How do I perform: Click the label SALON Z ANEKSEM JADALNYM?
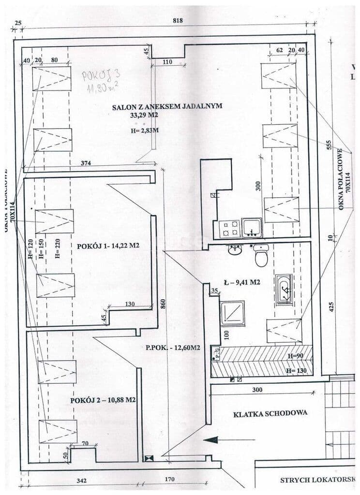point(167,107)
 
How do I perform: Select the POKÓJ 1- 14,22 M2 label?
point(108,246)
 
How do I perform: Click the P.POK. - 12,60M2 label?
point(173,348)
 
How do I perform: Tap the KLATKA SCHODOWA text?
point(270,414)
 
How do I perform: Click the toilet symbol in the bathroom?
point(261,256)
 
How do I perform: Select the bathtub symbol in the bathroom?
point(284,290)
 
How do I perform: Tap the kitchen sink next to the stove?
point(252,228)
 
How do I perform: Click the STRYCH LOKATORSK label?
point(317,480)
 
